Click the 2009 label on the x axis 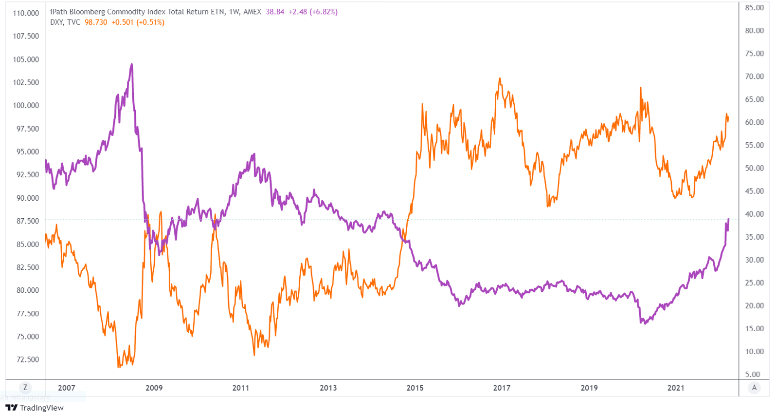(154, 388)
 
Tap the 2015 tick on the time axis (415, 388)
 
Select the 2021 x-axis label (676, 388)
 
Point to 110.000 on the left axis (26, 13)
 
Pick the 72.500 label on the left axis (27, 360)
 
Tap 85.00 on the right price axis (754, 8)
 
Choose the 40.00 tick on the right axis (754, 214)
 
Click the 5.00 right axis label (753, 374)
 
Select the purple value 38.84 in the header (275, 12)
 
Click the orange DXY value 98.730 (96, 22)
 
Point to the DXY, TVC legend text (65, 22)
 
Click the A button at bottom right (754, 388)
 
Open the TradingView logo (35, 408)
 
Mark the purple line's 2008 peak (131, 64)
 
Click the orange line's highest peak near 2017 (500, 78)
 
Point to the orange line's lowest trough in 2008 (119, 366)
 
